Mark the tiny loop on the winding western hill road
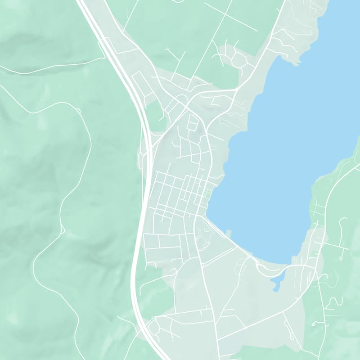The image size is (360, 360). pyautogui.click(x=62, y=230)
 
